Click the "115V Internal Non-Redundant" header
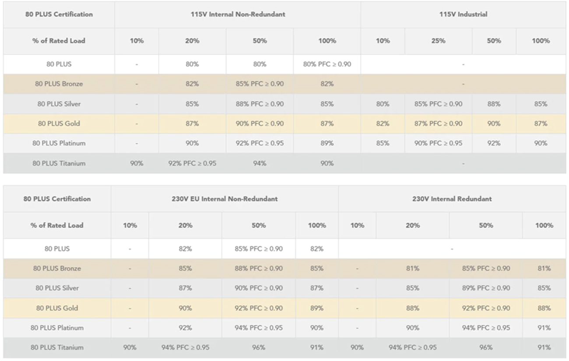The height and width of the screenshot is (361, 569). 238,14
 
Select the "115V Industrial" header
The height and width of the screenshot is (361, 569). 463,14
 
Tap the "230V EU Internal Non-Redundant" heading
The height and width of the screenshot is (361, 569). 225,199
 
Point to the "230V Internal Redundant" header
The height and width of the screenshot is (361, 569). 452,199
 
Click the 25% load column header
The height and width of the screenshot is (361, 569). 438,41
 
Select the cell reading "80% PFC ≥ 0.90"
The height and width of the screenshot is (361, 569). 327,64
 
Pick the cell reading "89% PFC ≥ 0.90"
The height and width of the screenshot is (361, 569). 486,288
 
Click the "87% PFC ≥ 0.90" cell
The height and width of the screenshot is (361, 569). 438,124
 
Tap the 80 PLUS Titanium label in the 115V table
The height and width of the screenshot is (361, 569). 59,163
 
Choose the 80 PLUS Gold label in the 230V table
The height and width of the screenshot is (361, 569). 57,308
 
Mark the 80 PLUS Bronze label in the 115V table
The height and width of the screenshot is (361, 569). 59,84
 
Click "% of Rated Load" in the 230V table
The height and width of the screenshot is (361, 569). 57,225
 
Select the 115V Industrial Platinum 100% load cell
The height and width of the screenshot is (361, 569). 541,143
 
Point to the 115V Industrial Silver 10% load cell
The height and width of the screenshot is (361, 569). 383,104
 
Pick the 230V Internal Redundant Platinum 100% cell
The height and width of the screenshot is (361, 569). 544,328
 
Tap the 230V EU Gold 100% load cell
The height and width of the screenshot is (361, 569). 317,308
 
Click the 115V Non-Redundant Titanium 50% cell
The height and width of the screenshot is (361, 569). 260,163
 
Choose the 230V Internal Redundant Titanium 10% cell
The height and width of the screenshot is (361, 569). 357,347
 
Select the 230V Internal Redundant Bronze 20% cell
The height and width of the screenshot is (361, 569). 412,269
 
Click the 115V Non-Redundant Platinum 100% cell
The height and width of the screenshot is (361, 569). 327,143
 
